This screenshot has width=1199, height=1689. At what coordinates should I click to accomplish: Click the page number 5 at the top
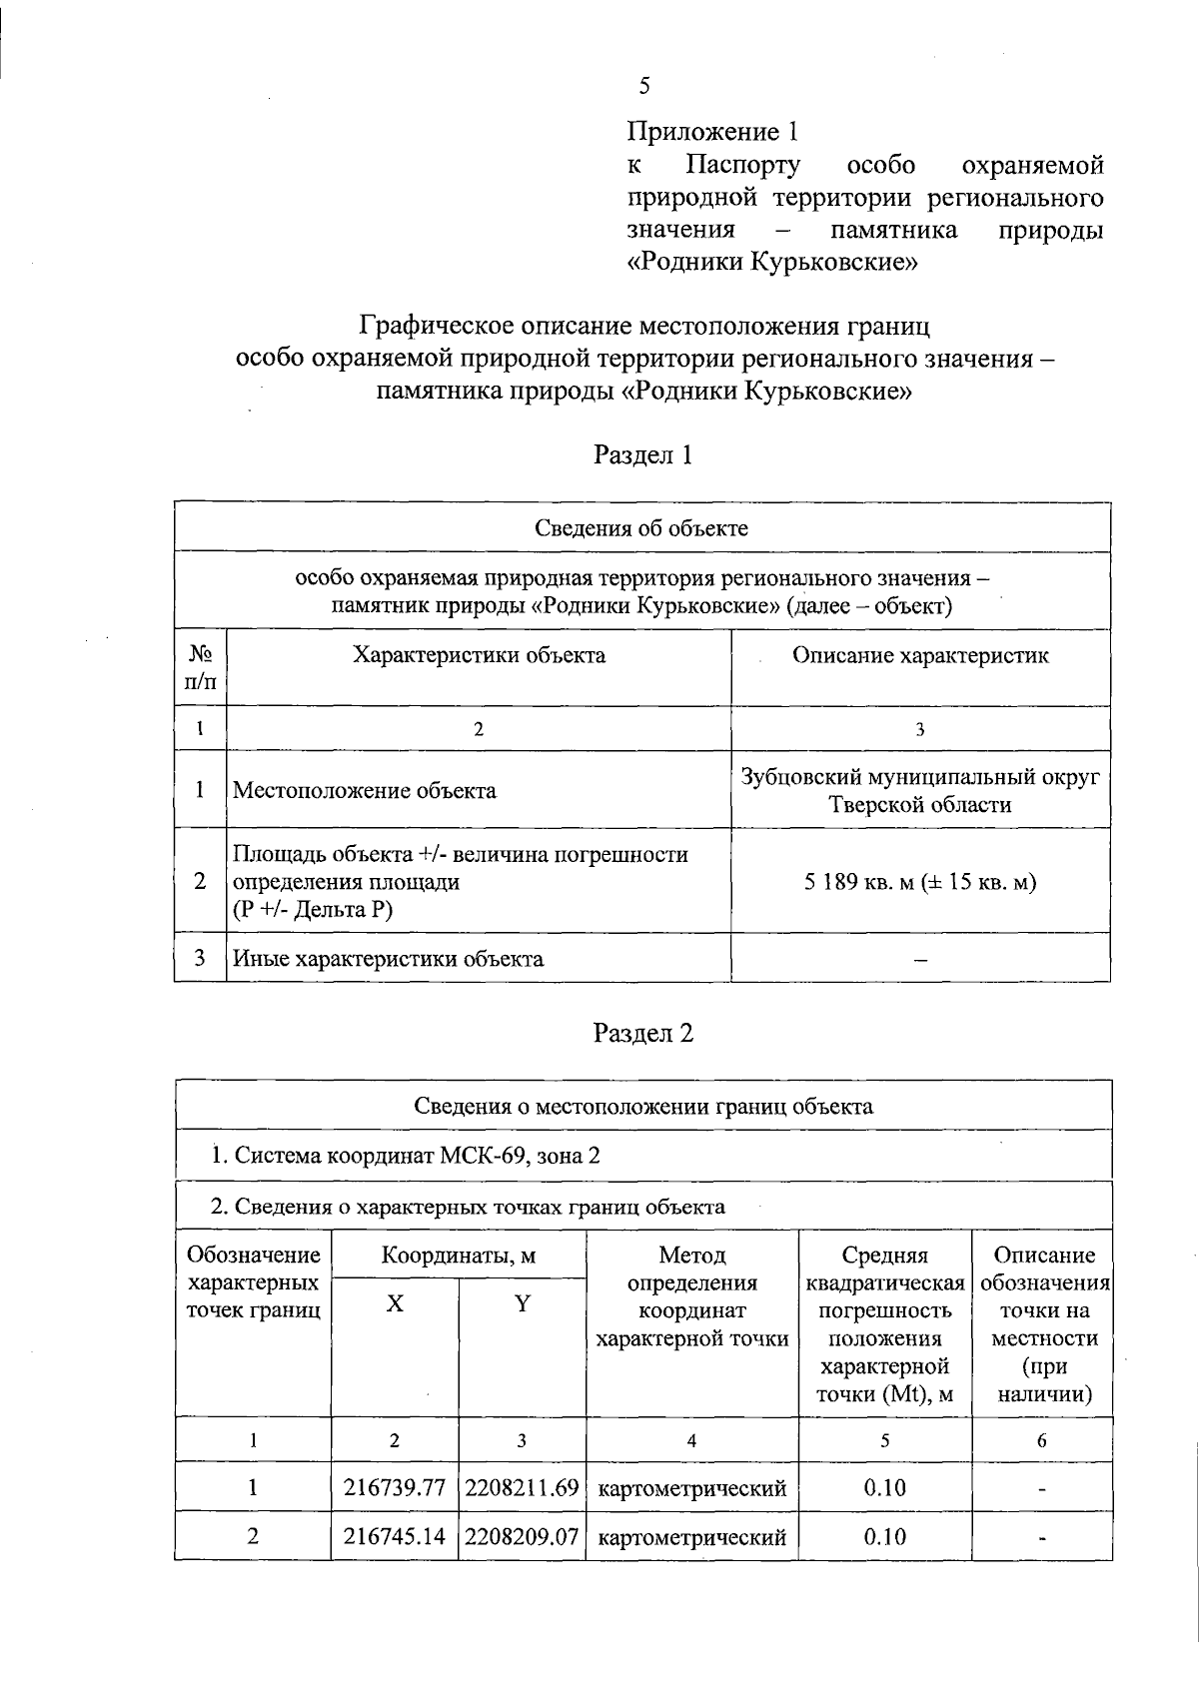coord(644,86)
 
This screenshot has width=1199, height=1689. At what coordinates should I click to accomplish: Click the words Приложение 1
coord(713,132)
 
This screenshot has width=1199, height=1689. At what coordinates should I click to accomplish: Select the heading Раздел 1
coord(642,455)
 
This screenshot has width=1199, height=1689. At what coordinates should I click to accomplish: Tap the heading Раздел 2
coord(642,1033)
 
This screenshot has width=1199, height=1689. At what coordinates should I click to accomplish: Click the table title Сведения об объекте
coord(641,527)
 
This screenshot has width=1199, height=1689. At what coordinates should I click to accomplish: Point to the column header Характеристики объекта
coord(479,655)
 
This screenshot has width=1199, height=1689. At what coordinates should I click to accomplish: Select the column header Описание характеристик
coord(920,655)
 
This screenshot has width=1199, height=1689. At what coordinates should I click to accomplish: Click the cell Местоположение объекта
coord(365,790)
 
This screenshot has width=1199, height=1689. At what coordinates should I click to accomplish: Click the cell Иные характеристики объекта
coord(389,959)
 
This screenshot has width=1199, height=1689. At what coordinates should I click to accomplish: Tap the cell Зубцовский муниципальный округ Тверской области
coord(920,790)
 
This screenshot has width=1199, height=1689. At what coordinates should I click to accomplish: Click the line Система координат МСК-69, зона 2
coord(406,1156)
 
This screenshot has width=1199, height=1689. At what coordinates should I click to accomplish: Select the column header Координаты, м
coord(459,1256)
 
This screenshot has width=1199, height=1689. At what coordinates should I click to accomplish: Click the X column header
coord(396,1304)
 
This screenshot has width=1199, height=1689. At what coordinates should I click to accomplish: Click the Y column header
coord(522,1304)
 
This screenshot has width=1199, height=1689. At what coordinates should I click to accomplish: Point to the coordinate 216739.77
coord(395,1487)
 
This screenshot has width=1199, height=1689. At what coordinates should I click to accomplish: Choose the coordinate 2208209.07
coord(522,1536)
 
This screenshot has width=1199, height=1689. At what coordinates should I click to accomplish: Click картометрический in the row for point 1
coord(691,1487)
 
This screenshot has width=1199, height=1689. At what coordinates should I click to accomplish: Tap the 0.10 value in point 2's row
coord(884,1536)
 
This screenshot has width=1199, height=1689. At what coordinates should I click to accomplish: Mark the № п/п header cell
coord(201,667)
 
